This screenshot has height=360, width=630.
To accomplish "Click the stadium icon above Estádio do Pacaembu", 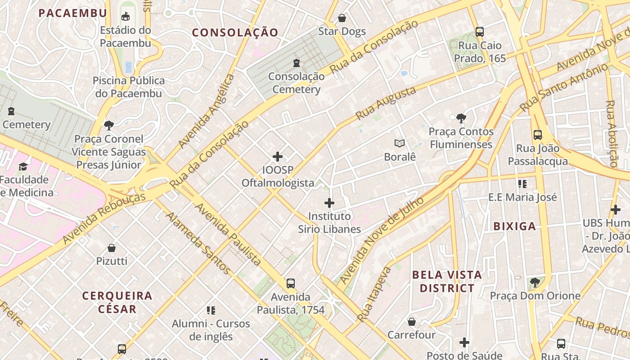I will tap(126, 17).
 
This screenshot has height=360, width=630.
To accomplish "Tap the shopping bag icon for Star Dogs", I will tap(342, 18).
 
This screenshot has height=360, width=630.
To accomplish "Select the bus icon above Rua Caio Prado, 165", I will tap(480, 32).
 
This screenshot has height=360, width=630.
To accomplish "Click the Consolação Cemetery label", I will tap(297, 83).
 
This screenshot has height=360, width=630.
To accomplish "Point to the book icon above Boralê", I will tap(400, 144).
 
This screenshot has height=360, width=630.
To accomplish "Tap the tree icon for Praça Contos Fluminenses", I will tap(461, 118).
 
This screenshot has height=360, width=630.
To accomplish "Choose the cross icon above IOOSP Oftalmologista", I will tap(278, 157).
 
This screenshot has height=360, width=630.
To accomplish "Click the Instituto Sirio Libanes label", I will tap(329, 223).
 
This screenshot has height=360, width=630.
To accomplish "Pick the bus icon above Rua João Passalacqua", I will tap(538, 135).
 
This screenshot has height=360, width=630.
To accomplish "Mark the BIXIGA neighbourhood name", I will tap(515, 226).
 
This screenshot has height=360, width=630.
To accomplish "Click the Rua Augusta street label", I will tap(386, 103).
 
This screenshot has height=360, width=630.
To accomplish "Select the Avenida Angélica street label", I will tap(207, 111).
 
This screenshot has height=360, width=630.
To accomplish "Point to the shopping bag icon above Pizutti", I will tap(112, 248).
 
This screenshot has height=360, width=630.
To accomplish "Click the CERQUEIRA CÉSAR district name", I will tap(117, 302).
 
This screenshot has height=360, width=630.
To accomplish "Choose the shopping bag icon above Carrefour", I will tap(412, 322).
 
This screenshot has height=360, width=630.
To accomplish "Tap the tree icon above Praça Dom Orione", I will tap(535, 283).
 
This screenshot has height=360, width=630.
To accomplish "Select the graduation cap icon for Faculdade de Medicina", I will tap(23, 167).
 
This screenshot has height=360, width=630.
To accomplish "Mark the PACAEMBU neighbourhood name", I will tap(73, 13).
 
